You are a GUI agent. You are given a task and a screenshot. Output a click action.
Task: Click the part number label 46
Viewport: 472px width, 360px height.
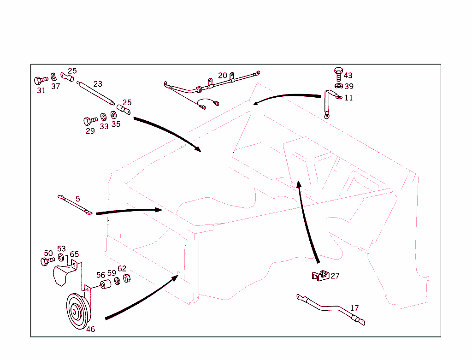pyautogui.click(x=91, y=330)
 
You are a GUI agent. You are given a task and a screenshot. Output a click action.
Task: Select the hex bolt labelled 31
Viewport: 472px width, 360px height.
pyautogui.click(x=40, y=81)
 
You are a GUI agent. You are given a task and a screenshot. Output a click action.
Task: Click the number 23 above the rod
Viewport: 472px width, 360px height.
pyautogui.click(x=98, y=84)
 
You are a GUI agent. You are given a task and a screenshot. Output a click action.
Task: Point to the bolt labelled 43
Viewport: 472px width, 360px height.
pyautogui.click(x=338, y=73)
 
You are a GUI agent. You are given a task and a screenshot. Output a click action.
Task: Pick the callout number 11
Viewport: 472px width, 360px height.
pyautogui.click(x=349, y=98)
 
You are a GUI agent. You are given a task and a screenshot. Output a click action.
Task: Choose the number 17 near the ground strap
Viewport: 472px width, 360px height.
pyautogui.click(x=354, y=308)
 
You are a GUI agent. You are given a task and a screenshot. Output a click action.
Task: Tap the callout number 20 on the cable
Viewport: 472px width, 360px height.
pyautogui.click(x=223, y=76)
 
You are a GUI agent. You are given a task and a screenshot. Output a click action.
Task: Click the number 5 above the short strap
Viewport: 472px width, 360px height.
pyautogui.click(x=78, y=199)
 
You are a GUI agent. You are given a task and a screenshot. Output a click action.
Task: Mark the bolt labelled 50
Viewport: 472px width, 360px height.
pyautogui.click(x=46, y=261)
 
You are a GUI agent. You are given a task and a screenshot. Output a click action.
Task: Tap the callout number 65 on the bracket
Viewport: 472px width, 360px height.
pyautogui.click(x=74, y=254)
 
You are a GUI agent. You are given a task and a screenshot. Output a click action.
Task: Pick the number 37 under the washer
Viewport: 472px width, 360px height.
pyautogui.click(x=55, y=86)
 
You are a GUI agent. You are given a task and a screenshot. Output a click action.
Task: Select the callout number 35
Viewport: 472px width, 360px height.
pyautogui.click(x=116, y=124)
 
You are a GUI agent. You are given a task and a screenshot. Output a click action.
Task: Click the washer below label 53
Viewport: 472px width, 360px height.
pyautogui.click(x=61, y=257)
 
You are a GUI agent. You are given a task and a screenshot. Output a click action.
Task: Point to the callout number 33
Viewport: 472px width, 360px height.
pyautogui.click(x=104, y=126)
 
